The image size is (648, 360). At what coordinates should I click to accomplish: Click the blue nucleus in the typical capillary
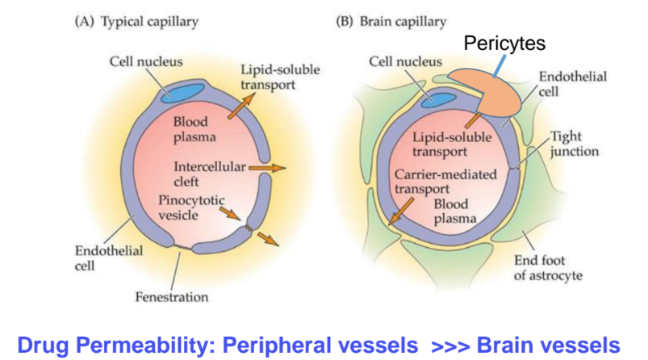pos(182,93)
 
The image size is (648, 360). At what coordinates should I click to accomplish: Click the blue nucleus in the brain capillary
pos(438,100)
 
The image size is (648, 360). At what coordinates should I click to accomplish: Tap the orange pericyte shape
pos(487,93)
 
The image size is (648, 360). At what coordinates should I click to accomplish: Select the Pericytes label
pos(504,43)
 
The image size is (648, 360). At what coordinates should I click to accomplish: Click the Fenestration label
pos(172,297)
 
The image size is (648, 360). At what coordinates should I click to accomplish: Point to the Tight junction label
pos(574,144)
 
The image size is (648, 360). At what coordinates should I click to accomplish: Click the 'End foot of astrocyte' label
pos(548,268)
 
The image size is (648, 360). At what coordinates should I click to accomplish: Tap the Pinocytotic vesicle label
pos(191,208)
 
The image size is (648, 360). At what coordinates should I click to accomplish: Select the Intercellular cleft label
pos(210,174)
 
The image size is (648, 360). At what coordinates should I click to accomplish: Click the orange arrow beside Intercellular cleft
pos(267,168)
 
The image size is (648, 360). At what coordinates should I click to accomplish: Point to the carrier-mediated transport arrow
pos(401,211)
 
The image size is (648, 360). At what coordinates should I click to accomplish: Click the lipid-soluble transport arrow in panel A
pos(241,107)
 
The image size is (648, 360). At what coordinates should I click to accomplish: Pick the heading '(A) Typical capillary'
pos(136,22)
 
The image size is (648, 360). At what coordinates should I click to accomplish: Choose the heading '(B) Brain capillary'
pos(391,22)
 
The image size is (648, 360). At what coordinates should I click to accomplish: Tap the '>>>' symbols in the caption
pos(450,346)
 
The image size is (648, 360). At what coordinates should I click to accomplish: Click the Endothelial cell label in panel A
pos(109,258)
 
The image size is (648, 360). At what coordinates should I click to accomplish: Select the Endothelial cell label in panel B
pos(573,84)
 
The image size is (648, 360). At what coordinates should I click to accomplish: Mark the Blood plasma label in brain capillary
pos(454,211)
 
